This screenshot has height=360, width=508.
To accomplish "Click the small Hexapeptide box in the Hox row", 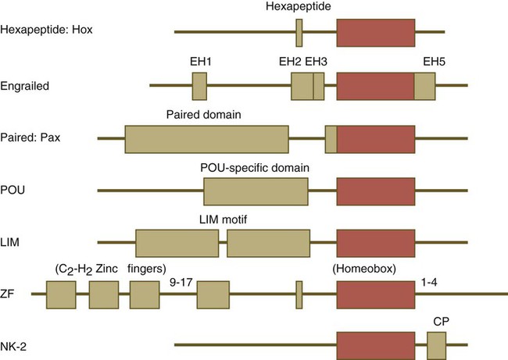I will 299,32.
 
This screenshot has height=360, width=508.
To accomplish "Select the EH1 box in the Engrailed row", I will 199,85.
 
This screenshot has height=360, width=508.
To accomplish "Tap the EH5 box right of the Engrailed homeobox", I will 425,85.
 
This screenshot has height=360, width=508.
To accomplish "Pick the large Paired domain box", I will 206,138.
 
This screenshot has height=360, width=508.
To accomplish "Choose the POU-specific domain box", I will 256,191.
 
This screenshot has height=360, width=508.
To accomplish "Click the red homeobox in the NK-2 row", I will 376,344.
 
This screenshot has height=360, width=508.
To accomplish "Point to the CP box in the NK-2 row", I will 436,344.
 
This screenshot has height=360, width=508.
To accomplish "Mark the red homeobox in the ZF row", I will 376,295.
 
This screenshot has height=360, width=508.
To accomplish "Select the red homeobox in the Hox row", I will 376,32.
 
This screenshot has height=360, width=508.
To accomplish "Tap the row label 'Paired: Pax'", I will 32,138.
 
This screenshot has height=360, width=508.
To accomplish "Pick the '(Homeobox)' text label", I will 365,268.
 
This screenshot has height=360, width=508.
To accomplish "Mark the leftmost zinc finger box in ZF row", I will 61,295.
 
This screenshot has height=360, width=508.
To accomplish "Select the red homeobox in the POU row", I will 376,191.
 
